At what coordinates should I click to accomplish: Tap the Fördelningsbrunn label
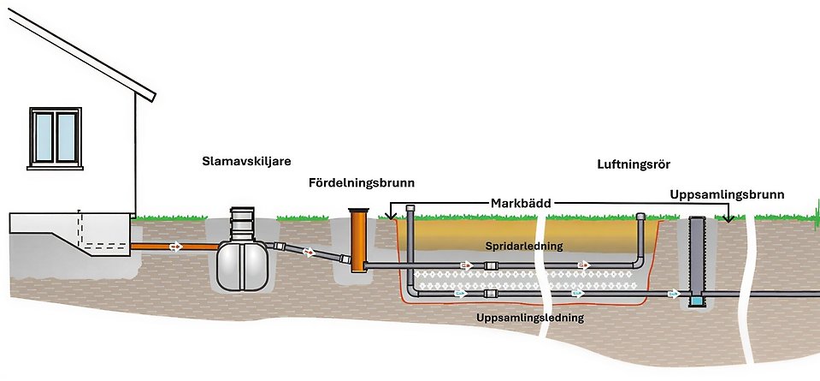tap(362, 182)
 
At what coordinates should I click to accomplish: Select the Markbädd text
tap(520, 203)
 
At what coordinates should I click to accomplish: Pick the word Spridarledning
tap(523, 247)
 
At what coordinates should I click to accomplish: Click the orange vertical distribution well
tap(357, 242)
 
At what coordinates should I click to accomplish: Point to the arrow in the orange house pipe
tap(175, 247)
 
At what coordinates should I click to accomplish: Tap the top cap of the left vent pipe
tap(411, 208)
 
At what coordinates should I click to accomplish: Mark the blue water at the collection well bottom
tap(698, 301)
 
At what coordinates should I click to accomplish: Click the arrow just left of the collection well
tap(675, 294)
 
